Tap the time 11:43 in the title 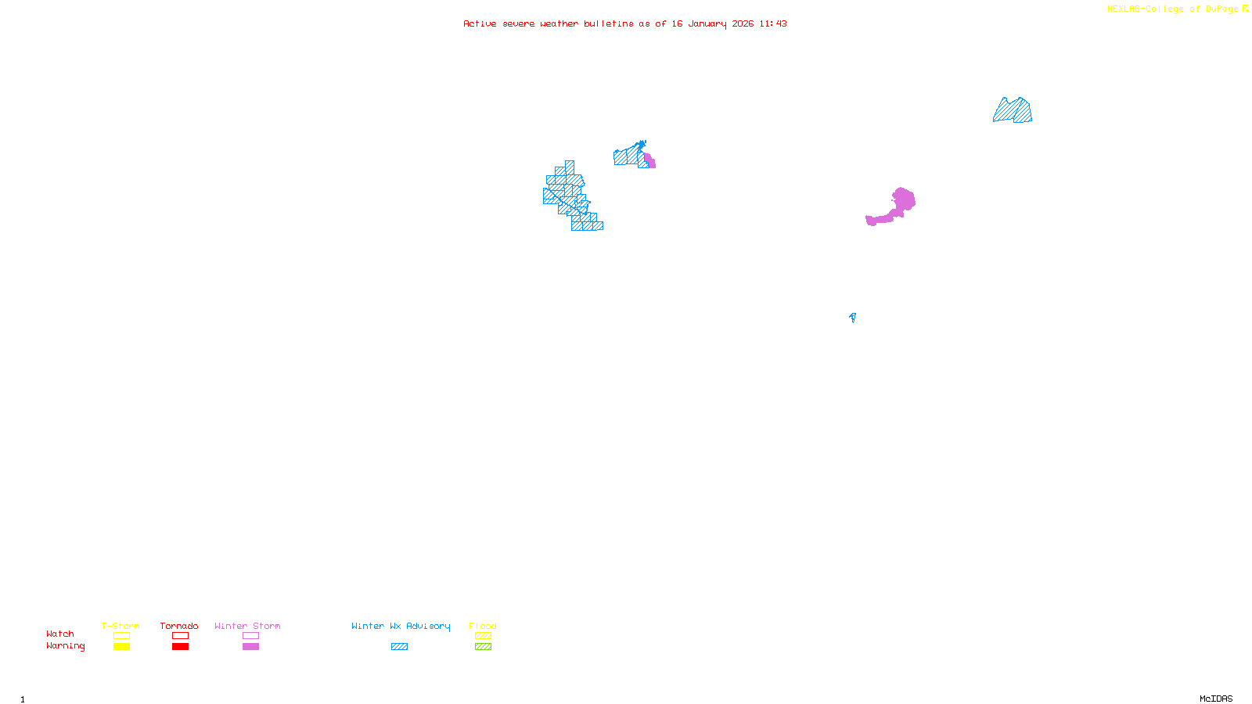[773, 24]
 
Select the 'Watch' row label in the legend [60, 634]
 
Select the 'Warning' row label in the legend [65, 646]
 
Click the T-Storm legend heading [121, 626]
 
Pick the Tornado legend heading [179, 626]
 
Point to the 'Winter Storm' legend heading [247, 626]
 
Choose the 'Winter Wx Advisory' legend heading [401, 626]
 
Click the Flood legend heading [483, 626]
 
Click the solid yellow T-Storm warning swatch [121, 647]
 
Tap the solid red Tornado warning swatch [180, 647]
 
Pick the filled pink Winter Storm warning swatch [250, 647]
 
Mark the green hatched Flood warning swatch [483, 647]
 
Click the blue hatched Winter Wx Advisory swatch [399, 647]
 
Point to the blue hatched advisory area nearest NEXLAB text [1013, 111]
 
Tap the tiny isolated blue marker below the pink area [852, 317]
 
